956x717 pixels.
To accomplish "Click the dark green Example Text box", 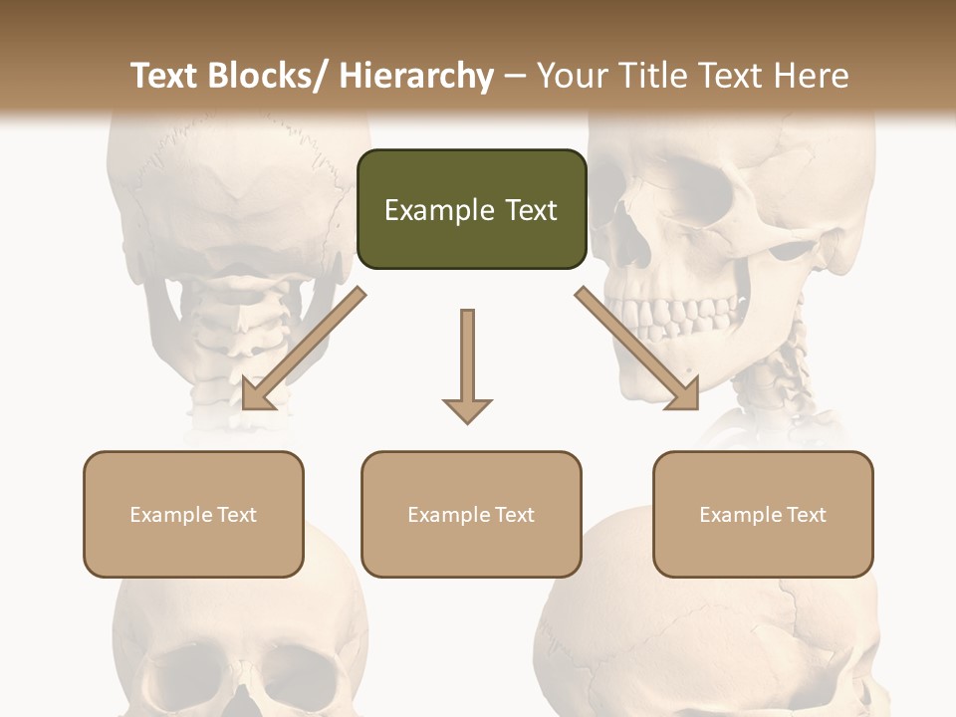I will (x=471, y=209).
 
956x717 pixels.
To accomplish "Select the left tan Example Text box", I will (x=193, y=514).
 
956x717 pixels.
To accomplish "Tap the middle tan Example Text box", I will (x=471, y=514).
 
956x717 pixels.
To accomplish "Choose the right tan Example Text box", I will (x=763, y=514).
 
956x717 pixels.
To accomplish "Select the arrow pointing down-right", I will (x=637, y=350).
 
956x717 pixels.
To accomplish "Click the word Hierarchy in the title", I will (x=416, y=77).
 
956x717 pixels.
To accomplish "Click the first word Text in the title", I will (x=166, y=77).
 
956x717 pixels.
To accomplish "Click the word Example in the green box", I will (x=425, y=210).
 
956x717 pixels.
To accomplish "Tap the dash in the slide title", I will (x=515, y=77).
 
